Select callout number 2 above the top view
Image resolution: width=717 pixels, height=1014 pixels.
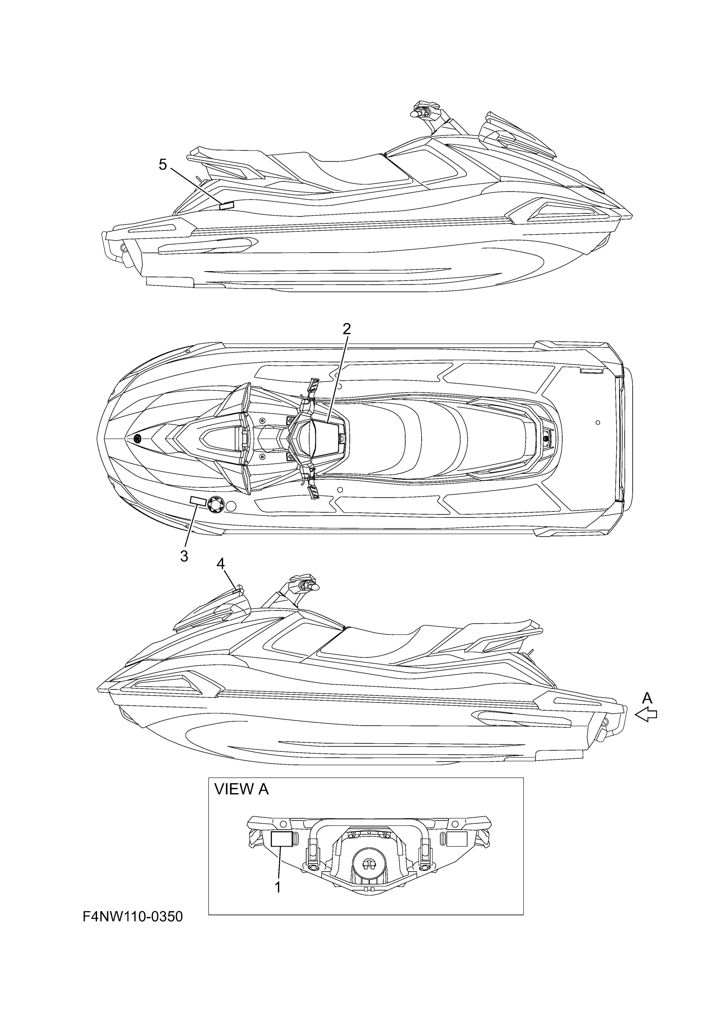coord(347,328)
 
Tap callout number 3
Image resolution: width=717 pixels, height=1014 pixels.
coord(184,556)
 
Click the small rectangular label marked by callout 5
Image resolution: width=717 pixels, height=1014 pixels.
coord(226,205)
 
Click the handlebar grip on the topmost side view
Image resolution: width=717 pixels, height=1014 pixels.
coord(416,114)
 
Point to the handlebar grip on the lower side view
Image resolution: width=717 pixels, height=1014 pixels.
coord(315,588)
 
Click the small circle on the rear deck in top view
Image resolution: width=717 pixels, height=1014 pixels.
coord(598,422)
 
